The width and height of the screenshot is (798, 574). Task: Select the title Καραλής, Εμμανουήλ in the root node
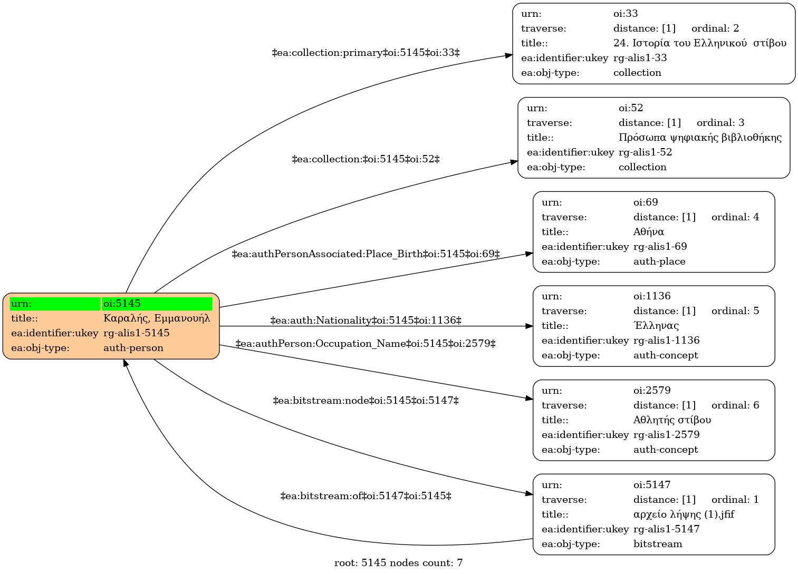pos(157,318)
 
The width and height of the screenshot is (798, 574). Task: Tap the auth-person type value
pos(133,348)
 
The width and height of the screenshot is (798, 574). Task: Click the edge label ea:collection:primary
pos(366,53)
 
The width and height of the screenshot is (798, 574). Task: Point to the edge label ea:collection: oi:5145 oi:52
pos(366,159)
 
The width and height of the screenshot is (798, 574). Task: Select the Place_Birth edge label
pos(366,254)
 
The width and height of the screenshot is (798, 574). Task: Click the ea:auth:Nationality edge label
pos(366,320)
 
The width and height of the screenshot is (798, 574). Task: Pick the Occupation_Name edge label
pos(366,344)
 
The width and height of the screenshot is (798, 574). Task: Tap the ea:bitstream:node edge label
pos(366,401)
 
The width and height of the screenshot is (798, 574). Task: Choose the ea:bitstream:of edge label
pos(366,496)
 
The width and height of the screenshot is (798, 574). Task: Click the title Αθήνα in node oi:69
pos(648,232)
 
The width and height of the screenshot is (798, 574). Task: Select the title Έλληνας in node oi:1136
pos(656,325)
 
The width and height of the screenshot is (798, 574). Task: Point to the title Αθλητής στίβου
pos(672,420)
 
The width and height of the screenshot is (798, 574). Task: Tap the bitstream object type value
pos(658,544)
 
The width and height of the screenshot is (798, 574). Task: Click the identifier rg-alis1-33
pos(640,58)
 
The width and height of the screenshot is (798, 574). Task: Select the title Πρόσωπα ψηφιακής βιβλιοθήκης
pos(700,138)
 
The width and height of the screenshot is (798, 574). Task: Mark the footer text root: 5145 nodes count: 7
pos(398,563)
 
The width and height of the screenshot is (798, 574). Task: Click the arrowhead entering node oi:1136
pos(530,326)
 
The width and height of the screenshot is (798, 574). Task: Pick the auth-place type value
pos(659,262)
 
